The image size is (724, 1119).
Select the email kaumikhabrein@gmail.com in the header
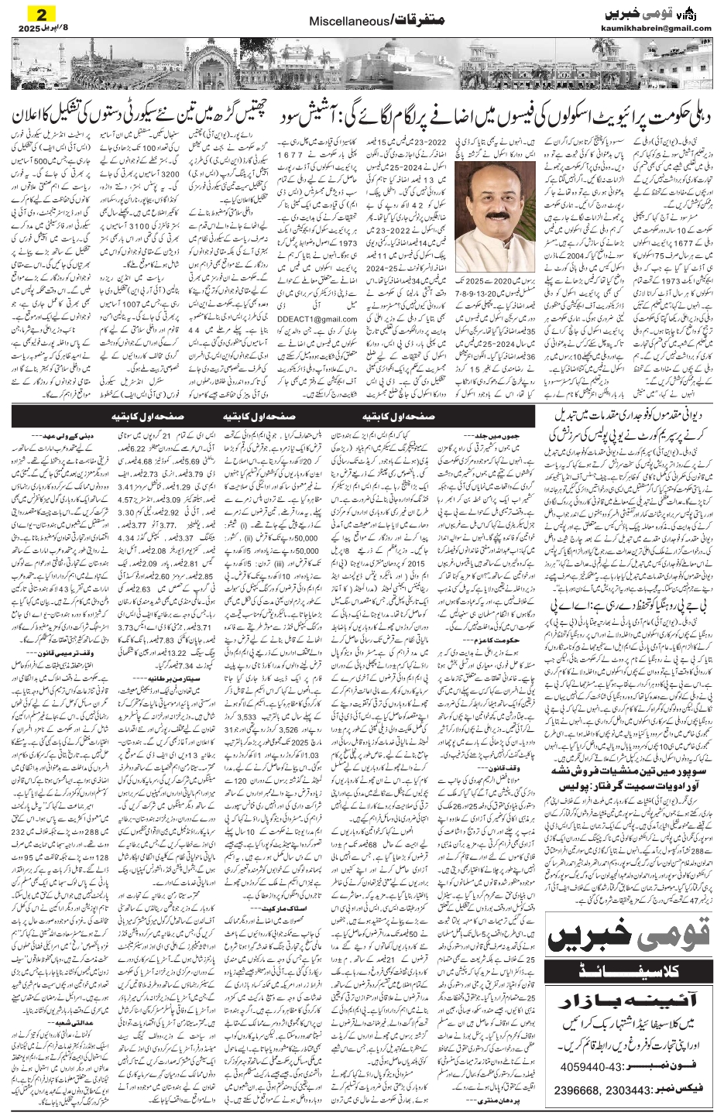(655, 29)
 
